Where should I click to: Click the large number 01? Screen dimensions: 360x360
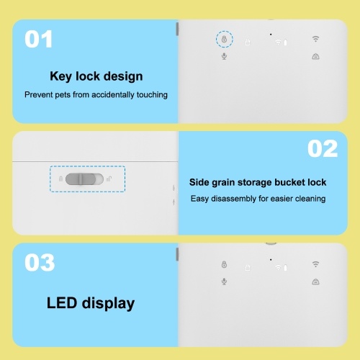tap(38, 39)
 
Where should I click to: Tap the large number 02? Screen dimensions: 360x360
tap(323, 148)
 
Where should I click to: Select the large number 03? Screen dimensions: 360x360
tap(40, 263)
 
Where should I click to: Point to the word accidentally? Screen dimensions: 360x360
tap(113, 94)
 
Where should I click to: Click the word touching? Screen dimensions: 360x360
tap(152, 95)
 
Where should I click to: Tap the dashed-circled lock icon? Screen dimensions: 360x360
tap(224, 39)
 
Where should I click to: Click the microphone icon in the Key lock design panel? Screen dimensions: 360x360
tap(224, 56)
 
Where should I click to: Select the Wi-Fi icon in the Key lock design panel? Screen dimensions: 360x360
tap(315, 39)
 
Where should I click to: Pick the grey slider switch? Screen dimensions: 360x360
tap(84, 179)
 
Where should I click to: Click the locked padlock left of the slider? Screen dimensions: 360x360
tap(60, 179)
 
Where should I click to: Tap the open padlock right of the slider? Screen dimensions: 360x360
tap(109, 179)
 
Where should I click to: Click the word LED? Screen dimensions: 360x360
tap(61, 303)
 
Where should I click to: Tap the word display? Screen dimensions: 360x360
tap(108, 304)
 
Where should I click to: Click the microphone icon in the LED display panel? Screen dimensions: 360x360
tap(224, 282)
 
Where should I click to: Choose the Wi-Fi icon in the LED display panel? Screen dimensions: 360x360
tap(315, 264)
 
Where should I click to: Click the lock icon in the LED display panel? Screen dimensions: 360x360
tap(224, 264)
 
